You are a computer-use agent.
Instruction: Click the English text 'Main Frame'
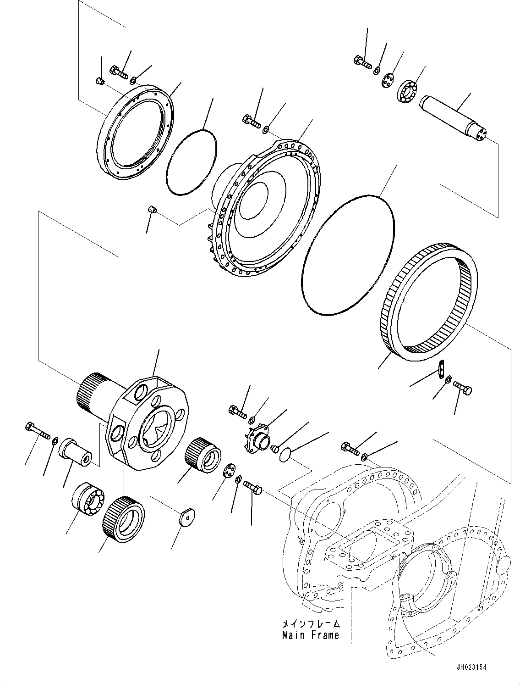tap(311, 635)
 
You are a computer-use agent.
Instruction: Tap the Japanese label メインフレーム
tap(311, 624)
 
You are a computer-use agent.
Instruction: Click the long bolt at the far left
tap(38, 430)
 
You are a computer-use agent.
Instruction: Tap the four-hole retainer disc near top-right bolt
tap(389, 80)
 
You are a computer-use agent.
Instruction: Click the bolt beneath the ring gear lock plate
tap(463, 389)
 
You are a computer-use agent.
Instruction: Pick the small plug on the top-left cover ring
tap(100, 81)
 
